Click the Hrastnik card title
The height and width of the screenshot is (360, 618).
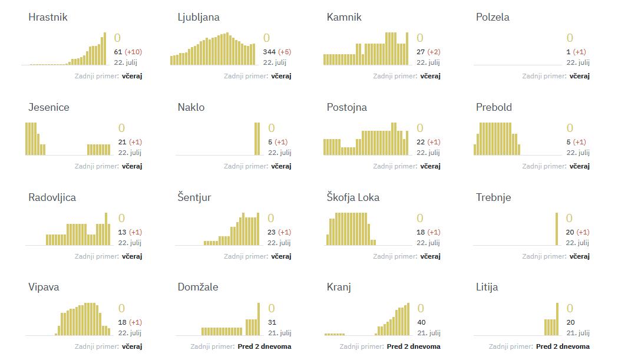point(48,17)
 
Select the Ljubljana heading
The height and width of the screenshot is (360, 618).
point(199,17)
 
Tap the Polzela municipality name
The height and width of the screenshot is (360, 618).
point(493,17)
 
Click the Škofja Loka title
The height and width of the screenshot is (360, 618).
point(353,197)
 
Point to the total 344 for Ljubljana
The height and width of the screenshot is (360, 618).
point(269,52)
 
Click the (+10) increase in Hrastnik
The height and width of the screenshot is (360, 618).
point(133,52)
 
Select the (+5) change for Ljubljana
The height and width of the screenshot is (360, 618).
point(285,52)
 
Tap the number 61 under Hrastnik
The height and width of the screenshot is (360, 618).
point(118,52)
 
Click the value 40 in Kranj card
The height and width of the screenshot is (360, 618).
point(421,322)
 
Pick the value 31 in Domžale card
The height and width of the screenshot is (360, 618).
point(272,322)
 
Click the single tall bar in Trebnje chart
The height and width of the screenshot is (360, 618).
point(557,229)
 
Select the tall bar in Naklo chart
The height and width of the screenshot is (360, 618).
point(257,139)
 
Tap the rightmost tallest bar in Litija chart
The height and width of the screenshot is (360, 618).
point(557,319)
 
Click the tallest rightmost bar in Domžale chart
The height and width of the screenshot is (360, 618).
point(258,319)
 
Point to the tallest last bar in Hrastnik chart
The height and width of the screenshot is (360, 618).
point(105,48)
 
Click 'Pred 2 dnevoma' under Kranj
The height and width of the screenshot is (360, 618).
point(413,346)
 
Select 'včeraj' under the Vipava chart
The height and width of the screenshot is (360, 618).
point(132,346)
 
